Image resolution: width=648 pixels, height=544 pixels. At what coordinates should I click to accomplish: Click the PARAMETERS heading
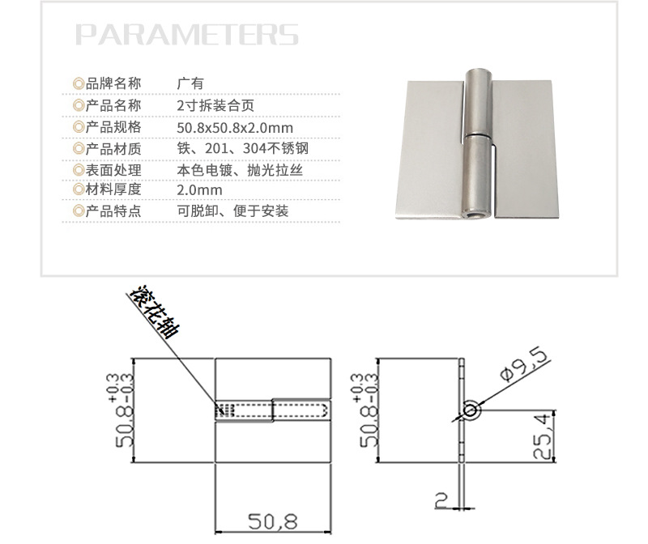point(187,35)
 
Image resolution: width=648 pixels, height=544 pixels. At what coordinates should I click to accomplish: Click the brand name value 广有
point(190,83)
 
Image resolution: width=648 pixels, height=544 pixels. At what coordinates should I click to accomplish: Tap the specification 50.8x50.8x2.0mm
point(235,127)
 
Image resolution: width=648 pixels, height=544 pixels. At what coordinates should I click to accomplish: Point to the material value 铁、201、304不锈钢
point(242,149)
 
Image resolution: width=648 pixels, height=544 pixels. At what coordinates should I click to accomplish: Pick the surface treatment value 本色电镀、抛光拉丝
point(243,170)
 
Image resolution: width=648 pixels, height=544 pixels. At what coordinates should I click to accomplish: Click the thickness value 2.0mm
point(199,191)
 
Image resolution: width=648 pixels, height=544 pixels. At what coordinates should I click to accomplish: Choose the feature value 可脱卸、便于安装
point(232,212)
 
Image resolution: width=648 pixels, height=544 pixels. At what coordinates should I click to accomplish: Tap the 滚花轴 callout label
point(156,311)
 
